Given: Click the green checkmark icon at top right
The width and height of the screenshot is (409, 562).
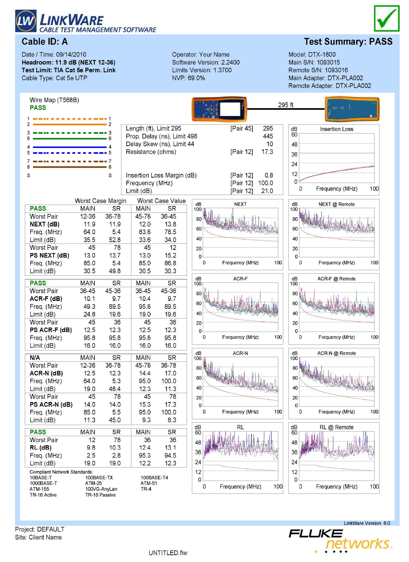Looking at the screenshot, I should coord(386,18).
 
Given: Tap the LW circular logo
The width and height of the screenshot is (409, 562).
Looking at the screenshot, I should coord(26,21).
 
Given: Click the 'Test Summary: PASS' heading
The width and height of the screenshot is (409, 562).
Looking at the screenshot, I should coord(348,42).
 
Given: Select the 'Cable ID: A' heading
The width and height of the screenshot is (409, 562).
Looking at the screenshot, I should coord(45,42).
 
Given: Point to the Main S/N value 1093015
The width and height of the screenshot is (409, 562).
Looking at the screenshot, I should coord(328,62).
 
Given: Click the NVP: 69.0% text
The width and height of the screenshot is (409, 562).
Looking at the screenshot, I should coord(188,78).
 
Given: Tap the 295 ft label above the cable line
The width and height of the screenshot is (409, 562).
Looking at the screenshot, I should coord(286,105).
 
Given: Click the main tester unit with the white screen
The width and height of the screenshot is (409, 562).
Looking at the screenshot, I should coord(219,109).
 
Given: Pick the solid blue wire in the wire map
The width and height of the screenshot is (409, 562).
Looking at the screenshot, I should coord(70,147).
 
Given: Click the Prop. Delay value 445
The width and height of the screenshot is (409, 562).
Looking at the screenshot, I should coord(268,136).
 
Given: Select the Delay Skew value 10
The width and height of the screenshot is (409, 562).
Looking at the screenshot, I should coord(269,144).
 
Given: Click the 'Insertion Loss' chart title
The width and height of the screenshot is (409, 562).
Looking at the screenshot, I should coord(336,129).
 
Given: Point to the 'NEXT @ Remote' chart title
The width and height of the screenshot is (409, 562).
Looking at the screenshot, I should coord(336,204).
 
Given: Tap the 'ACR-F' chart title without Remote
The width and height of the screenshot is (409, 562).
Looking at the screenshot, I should coord(240,279).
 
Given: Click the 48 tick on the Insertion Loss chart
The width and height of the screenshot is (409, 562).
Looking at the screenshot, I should coord(294,145).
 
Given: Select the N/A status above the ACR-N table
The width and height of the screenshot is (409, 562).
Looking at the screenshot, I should coord(35,358).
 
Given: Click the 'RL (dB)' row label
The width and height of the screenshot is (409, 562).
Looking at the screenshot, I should coord(41,448).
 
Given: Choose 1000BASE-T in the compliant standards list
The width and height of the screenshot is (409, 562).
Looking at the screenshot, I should coord(43,483).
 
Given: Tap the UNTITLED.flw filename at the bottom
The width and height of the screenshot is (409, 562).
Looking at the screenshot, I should coord(168,553).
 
